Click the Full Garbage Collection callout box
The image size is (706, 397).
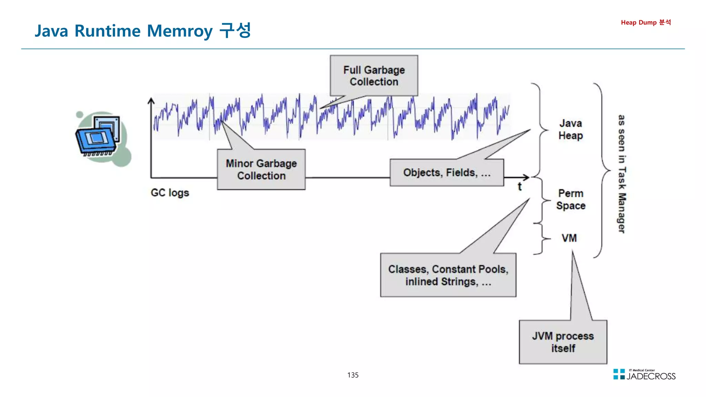374,76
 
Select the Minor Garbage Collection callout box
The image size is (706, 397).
261,169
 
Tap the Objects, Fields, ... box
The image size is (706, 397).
447,172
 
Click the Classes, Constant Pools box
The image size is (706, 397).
448,275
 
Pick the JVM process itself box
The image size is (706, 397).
563,342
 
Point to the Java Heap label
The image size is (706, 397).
571,129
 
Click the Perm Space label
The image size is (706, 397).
571,199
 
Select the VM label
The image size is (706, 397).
569,238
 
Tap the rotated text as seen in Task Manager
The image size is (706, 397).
621,174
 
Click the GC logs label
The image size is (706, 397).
170,192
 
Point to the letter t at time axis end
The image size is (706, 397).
520,187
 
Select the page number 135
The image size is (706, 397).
353,375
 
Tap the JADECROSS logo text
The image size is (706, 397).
651,376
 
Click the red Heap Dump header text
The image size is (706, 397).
646,22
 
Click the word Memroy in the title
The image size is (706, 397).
180,31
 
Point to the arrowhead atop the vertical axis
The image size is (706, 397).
151,100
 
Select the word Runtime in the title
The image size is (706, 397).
108,31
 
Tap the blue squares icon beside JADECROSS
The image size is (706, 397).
619,374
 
